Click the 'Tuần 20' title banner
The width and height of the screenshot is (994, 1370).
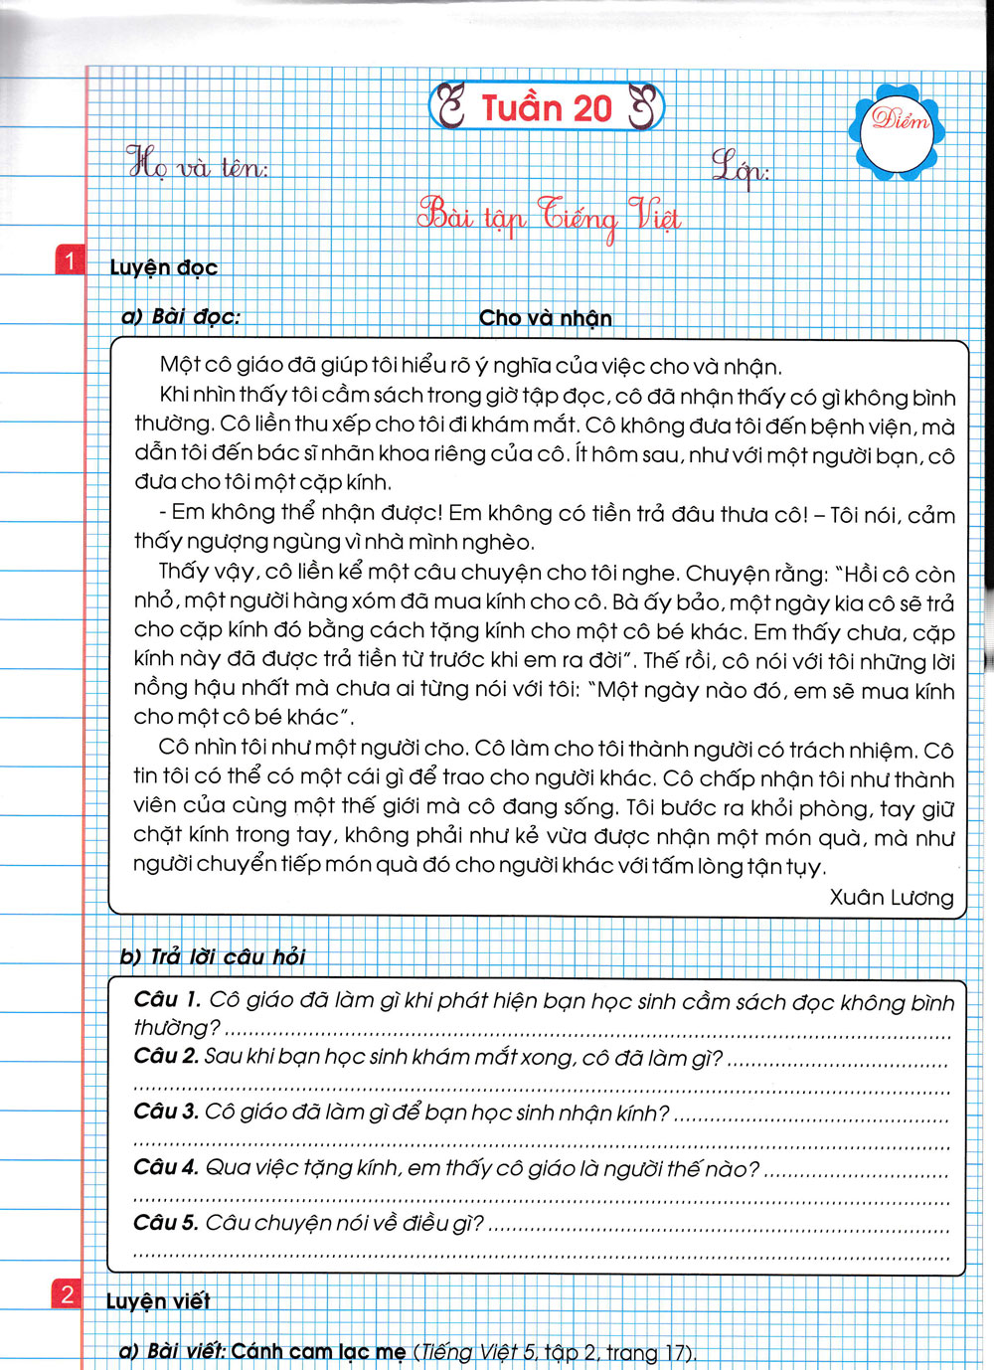pyautogui.click(x=546, y=107)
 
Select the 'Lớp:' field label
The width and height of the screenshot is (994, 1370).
pyautogui.click(x=741, y=167)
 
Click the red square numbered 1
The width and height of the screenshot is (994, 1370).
pyautogui.click(x=70, y=260)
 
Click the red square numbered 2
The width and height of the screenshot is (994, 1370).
pyautogui.click(x=67, y=1293)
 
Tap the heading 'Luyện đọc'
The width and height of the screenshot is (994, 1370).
pyautogui.click(x=163, y=267)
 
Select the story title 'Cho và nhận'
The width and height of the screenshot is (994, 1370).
pyautogui.click(x=545, y=318)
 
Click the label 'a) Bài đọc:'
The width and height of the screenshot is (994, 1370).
pyautogui.click(x=180, y=317)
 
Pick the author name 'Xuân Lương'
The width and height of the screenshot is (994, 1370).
pyautogui.click(x=891, y=897)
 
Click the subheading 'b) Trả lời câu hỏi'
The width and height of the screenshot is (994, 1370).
pyautogui.click(x=212, y=956)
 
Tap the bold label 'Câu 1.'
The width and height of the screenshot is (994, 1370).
pyautogui.click(x=167, y=999)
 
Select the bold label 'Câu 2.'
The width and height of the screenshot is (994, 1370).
pyautogui.click(x=166, y=1056)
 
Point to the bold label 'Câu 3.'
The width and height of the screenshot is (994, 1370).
pyautogui.click(x=166, y=1112)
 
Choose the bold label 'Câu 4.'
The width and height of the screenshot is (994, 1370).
pyautogui.click(x=166, y=1167)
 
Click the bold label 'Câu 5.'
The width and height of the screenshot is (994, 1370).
pyautogui.click(x=166, y=1222)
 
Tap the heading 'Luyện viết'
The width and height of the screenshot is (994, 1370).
pyautogui.click(x=158, y=1300)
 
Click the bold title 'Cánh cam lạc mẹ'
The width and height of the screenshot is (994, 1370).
pyautogui.click(x=318, y=1352)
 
